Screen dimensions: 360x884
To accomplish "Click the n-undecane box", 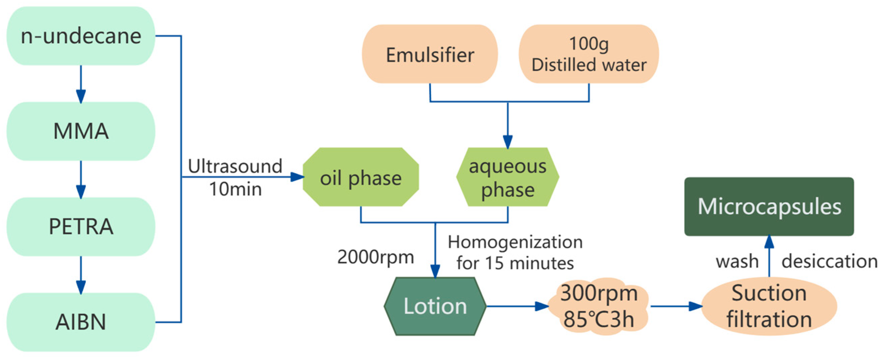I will coord(81,36).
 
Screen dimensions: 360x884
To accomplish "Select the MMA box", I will coord(81,131).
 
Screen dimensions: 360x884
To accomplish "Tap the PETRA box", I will coord(81,226).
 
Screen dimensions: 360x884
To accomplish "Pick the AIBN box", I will coord(81,322).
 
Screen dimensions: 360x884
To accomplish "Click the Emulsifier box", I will coord(430,54).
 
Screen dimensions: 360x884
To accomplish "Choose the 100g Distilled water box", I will coord(588,54).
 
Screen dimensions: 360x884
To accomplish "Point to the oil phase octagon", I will coord(360,177).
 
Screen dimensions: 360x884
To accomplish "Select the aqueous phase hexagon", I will coord(507,177).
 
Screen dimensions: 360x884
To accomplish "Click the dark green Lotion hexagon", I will coord(435,306).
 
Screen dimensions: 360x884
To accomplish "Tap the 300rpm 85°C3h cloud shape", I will coord(599,306).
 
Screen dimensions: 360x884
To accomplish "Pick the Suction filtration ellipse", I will coord(769,306).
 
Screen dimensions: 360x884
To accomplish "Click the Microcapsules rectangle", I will coord(769,207).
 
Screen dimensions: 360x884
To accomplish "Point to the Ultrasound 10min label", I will coord(235,177).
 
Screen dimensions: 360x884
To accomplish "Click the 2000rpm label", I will coord(375,257).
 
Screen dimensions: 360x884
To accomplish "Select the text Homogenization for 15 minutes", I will coord(515,253).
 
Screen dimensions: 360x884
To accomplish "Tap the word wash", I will coord(737,262).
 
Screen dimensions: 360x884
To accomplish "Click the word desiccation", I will coord(830,262).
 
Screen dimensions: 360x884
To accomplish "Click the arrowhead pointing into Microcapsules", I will coord(769,242).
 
